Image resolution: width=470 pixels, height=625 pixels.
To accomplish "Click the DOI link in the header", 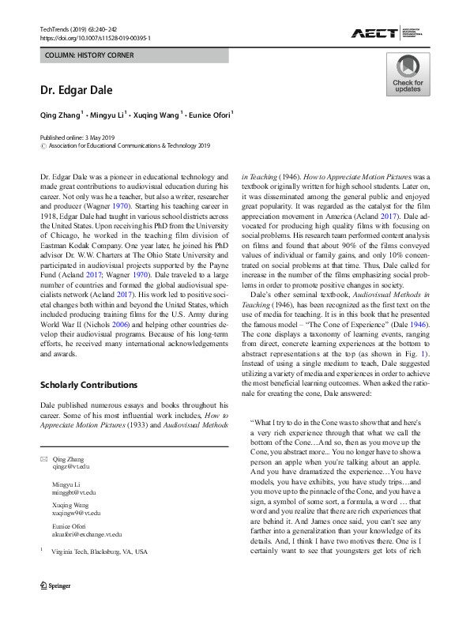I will coord(95,38).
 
